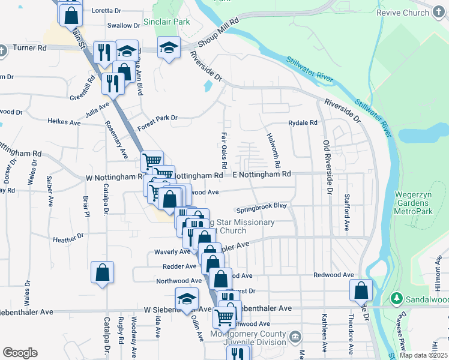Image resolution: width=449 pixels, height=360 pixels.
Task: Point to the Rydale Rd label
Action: pyautogui.click(x=302, y=122)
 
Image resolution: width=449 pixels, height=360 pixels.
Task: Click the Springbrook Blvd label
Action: pyautogui.click(x=261, y=208)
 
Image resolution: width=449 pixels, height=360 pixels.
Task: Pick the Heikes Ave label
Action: pyautogui.click(x=64, y=122)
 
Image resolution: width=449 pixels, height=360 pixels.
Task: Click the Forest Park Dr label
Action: pyautogui.click(x=157, y=118)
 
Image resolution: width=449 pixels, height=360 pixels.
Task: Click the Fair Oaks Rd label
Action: pyautogui.click(x=224, y=150)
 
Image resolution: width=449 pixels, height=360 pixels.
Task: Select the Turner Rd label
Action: pyautogui.click(x=29, y=47)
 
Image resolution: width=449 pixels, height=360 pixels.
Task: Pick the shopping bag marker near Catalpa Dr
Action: pyautogui.click(x=103, y=272)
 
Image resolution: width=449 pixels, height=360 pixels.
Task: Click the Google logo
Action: pyautogui.click(x=20, y=353)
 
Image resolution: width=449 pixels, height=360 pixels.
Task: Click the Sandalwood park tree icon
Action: pyautogui.click(x=396, y=298)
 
